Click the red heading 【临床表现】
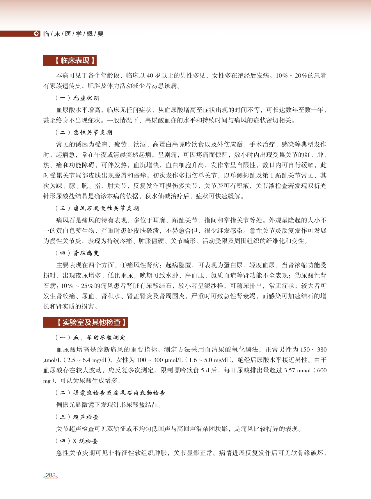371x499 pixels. point(70,60)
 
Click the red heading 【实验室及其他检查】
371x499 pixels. point(86,322)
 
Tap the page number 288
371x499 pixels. point(51,475)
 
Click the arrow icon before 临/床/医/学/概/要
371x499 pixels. point(37,34)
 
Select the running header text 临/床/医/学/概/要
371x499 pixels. point(73,34)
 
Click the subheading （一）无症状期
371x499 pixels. point(77,98)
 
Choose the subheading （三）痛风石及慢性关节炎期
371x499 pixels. point(97,208)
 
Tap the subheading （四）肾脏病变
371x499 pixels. point(77,253)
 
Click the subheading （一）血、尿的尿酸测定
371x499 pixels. point(90,338)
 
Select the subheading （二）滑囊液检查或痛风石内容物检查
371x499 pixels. point(110,393)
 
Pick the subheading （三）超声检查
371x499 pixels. point(77,417)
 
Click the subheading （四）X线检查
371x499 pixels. point(77,441)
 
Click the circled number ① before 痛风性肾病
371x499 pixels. point(123,265)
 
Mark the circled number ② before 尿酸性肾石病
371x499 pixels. point(297,276)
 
